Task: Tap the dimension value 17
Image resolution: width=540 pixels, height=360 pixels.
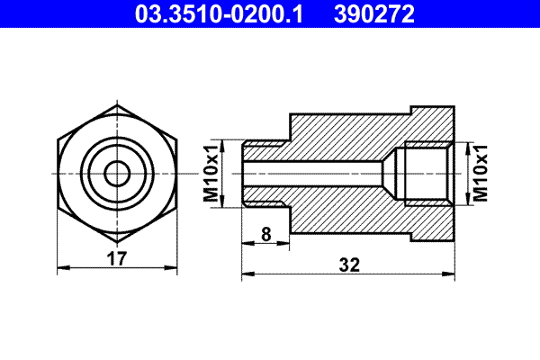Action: coord(117,258)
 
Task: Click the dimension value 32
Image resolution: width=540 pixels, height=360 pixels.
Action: coord(350,265)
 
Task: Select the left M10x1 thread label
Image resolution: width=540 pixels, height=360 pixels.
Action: coord(211,171)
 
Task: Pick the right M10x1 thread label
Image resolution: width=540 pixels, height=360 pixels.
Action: coord(480,171)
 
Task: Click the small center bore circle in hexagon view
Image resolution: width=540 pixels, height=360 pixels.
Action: coord(117,171)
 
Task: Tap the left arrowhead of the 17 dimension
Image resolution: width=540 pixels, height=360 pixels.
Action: coord(61,267)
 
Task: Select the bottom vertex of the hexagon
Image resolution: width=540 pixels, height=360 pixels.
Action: coord(117,239)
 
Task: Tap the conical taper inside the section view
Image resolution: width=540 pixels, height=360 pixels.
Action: coord(393,171)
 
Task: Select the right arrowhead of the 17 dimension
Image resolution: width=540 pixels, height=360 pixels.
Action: coord(173,267)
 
